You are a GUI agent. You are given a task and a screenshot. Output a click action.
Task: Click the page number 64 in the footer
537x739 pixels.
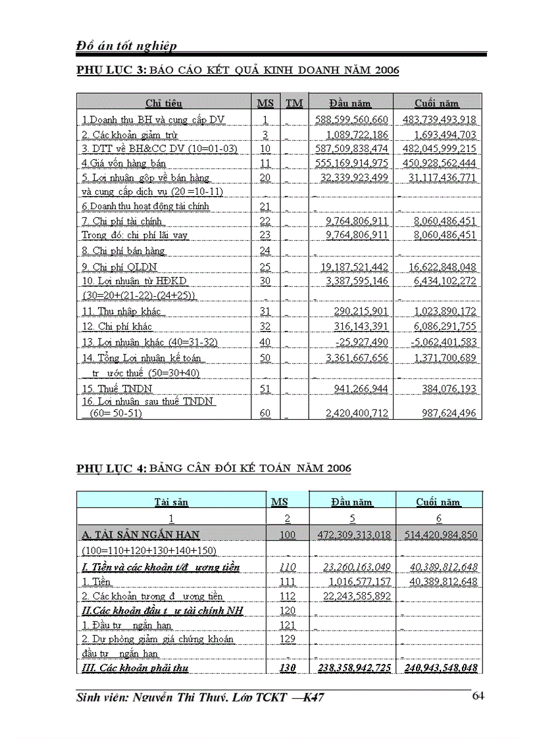point(478,696)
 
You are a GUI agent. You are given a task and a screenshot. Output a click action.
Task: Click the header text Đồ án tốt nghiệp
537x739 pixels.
point(127,45)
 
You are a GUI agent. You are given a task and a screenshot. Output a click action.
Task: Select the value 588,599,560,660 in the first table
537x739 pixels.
point(351,120)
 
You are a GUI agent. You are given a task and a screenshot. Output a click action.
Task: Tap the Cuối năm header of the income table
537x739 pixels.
point(437,103)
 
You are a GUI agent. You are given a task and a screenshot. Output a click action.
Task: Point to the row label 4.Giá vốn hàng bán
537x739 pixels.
point(124,163)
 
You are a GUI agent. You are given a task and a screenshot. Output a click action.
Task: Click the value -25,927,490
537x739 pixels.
point(359,342)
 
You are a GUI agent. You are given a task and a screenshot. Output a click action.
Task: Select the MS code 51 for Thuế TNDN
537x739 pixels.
point(265,389)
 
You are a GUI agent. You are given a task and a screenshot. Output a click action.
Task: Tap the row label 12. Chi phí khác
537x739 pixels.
point(117,326)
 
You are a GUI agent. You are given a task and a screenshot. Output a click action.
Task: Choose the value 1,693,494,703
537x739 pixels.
point(442,135)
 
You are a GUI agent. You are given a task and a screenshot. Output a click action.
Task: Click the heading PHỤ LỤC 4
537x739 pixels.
point(111,469)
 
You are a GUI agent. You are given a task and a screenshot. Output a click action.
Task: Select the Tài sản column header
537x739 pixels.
point(171,502)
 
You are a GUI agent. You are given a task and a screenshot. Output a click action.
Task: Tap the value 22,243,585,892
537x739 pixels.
point(354,596)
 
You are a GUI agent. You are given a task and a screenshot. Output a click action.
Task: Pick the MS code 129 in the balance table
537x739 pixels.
point(288,639)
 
